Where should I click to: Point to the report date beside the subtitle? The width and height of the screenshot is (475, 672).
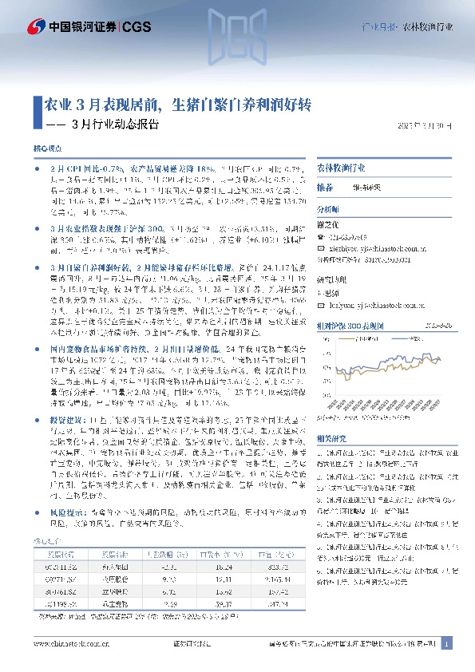(x=424, y=125)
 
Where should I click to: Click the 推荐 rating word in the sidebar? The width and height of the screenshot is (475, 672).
(x=325, y=187)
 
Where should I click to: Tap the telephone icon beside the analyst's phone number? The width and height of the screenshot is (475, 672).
(x=323, y=237)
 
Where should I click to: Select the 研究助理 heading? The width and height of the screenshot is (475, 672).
(x=331, y=279)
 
